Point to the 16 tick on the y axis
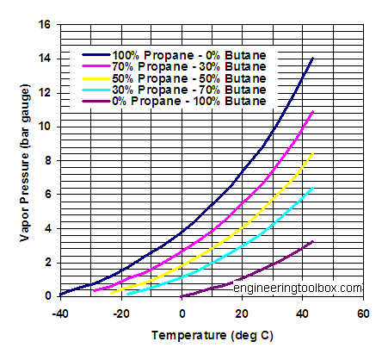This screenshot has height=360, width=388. click(46, 24)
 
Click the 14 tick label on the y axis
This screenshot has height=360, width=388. click(46, 59)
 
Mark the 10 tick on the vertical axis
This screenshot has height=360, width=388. click(46, 127)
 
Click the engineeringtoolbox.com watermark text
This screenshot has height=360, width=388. click(298, 288)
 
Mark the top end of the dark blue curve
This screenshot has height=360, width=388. click(312, 59)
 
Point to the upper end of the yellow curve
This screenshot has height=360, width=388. click(312, 153)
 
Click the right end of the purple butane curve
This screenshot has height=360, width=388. click(312, 242)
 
